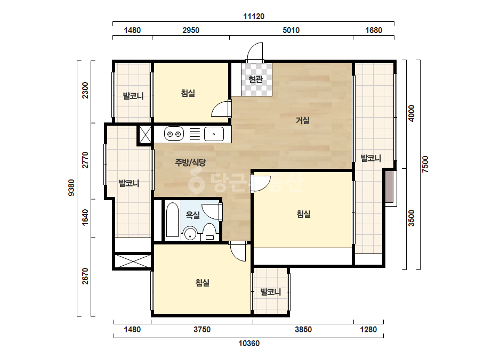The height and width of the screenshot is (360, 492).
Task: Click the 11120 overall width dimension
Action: click(x=254, y=17)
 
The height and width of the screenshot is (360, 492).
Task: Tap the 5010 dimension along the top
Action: click(x=291, y=30)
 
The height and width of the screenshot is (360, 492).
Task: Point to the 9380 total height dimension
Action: click(x=71, y=187)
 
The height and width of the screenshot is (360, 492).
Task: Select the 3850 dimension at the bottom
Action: click(x=303, y=330)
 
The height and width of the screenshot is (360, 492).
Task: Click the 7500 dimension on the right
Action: click(x=425, y=164)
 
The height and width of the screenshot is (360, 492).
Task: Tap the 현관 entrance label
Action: click(x=255, y=79)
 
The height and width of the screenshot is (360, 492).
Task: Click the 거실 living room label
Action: click(x=303, y=120)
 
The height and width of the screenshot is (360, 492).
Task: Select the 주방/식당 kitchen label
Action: click(x=190, y=162)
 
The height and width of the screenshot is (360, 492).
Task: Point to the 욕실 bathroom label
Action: click(x=192, y=215)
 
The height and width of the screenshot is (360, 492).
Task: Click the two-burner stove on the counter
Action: click(x=174, y=134)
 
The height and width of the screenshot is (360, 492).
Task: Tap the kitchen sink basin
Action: click(x=214, y=134)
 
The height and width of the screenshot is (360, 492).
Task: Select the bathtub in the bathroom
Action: click(x=172, y=219)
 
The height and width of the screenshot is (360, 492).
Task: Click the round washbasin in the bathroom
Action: click(x=190, y=234)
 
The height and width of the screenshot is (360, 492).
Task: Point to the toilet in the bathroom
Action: click(x=209, y=233)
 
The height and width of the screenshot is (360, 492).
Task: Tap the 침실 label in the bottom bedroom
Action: click(x=203, y=283)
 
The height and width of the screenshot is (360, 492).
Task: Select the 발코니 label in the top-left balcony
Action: click(x=133, y=96)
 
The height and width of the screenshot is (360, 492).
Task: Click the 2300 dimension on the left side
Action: click(x=85, y=91)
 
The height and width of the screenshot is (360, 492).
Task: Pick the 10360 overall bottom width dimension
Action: click(x=249, y=343)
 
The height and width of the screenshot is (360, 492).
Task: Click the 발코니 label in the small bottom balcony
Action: click(x=271, y=292)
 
